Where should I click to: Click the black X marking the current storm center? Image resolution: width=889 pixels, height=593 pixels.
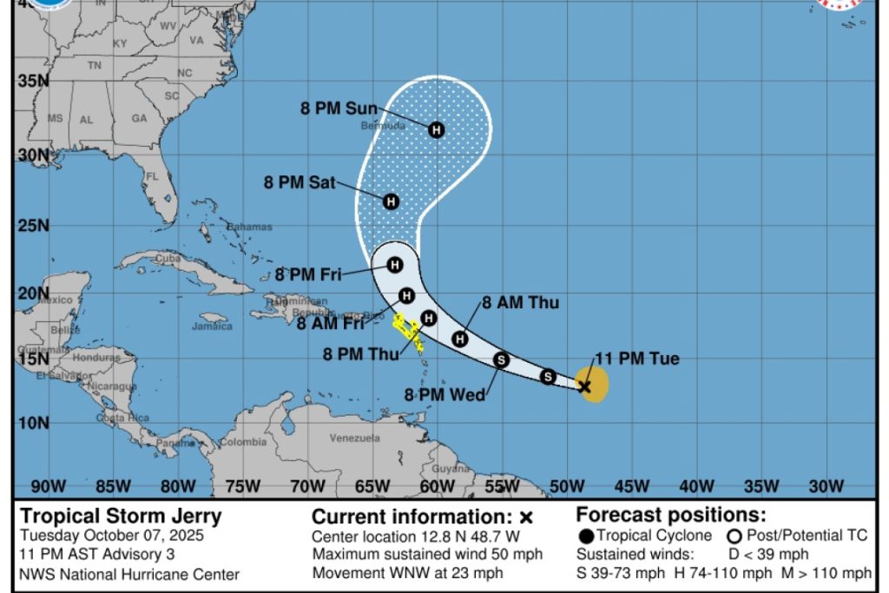pos(584,386)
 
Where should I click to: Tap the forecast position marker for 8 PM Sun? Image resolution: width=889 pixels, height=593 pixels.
pos(437,130)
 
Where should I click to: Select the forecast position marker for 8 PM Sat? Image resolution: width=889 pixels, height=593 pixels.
pos(391,201)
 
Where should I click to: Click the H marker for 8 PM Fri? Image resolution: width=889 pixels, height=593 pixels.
pos(395,265)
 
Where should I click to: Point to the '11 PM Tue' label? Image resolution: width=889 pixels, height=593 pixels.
pos(637,359)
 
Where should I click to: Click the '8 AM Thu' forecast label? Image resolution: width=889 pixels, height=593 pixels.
pos(521,303)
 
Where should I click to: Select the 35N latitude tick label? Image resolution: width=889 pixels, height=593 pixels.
pos(31,81)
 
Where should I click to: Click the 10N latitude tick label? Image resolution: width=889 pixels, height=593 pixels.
pos(31,423)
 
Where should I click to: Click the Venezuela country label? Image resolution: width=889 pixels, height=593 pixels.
pos(354,438)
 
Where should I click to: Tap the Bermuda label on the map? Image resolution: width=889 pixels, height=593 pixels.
pos(383,126)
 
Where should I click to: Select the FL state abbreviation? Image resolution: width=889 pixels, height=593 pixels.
pos(152,177)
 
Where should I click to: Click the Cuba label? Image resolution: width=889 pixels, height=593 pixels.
pos(168,258)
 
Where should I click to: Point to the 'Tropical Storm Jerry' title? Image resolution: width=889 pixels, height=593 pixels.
pos(121,516)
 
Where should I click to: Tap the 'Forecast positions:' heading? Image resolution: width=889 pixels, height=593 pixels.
pos(671,514)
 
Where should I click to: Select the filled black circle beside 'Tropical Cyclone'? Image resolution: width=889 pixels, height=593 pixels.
pos(587,536)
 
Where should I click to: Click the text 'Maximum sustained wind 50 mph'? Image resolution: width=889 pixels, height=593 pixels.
pos(427,555)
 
